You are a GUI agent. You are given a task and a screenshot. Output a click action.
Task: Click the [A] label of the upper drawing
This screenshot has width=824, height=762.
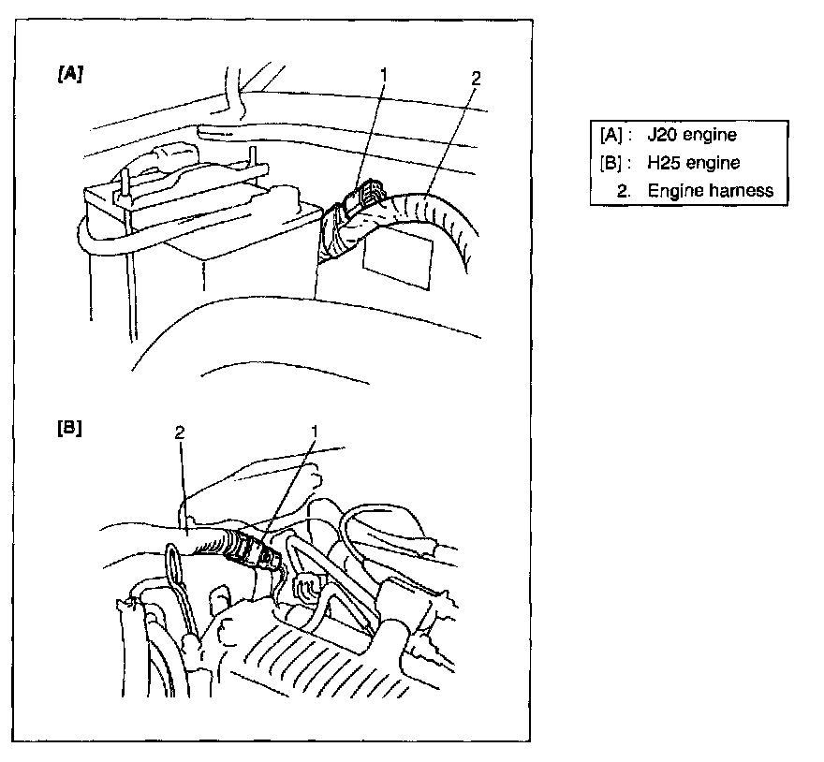tap(70, 74)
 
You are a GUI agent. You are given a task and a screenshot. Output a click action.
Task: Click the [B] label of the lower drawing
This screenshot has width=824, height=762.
tap(70, 428)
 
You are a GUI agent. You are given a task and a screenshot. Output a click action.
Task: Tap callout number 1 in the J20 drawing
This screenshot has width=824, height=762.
tap(384, 75)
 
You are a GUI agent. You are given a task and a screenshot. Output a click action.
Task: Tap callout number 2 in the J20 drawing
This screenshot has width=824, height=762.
tap(476, 79)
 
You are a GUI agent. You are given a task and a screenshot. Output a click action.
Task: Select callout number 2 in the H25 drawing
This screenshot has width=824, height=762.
tap(180, 432)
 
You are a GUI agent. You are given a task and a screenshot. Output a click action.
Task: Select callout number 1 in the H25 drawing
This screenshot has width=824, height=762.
tap(315, 432)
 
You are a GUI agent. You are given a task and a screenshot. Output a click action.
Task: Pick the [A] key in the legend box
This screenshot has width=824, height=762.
tap(611, 135)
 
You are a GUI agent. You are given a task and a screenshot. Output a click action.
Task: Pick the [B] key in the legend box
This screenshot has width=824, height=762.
tap(611, 163)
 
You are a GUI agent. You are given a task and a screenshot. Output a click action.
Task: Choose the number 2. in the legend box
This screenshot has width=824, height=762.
tap(624, 191)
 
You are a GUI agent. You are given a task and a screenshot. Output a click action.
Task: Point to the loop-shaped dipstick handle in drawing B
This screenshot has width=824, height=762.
tap(174, 562)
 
